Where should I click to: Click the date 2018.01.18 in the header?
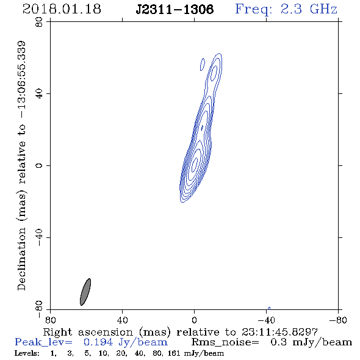62,9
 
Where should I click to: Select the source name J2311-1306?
175,9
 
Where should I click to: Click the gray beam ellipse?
85,292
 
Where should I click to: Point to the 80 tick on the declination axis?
39,22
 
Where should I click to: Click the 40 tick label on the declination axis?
39,94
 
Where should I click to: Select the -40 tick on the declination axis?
39,237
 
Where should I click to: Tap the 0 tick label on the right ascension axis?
194,320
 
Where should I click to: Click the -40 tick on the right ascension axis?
266,320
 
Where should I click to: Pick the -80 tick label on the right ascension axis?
338,320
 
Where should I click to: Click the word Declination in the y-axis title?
21,259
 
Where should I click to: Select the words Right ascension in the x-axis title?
88,332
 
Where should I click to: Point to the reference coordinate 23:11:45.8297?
279,332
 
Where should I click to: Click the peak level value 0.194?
98,342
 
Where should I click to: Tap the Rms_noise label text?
225,342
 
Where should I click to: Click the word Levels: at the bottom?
27,353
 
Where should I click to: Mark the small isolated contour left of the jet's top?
202,65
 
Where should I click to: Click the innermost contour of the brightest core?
195,164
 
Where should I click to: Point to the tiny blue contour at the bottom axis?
269,308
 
